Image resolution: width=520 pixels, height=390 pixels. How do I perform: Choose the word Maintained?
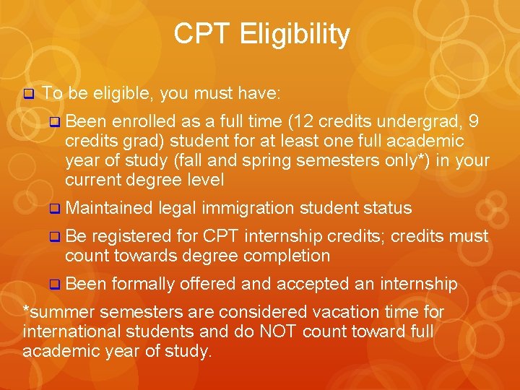(108, 209)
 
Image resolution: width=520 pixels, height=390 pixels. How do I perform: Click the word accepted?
(306, 284)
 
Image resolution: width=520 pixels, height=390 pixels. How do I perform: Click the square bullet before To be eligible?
(29, 94)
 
